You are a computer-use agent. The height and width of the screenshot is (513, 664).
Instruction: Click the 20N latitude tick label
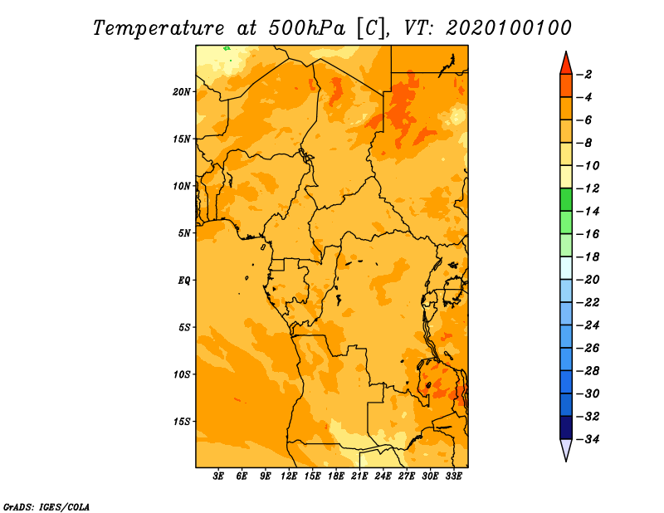[182, 91]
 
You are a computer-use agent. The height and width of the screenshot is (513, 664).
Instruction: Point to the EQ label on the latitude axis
[184, 281]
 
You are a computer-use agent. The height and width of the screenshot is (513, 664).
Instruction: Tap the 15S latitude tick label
[182, 422]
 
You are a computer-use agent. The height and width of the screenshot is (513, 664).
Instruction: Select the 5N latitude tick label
[184, 233]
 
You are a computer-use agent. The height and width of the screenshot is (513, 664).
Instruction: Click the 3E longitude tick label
[218, 476]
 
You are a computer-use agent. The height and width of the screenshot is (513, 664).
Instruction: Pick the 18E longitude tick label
[336, 476]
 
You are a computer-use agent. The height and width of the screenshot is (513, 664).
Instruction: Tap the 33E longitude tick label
[453, 476]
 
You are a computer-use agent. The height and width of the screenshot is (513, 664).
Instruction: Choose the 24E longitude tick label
[383, 476]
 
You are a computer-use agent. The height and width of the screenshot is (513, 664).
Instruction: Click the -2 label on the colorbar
[584, 75]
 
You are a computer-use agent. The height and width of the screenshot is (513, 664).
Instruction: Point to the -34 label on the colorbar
[588, 439]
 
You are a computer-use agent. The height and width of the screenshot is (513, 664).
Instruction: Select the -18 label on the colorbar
[588, 256]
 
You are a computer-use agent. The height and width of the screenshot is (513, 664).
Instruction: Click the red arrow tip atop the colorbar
[566, 51]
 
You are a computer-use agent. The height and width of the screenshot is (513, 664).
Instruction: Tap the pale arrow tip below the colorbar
[566, 461]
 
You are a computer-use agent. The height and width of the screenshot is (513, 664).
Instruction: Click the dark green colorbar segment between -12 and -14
[566, 200]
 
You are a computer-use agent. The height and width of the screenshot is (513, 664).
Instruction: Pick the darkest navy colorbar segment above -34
[566, 427]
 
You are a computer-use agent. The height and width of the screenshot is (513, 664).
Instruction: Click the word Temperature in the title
[159, 28]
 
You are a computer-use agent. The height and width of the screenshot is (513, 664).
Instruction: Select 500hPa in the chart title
[306, 28]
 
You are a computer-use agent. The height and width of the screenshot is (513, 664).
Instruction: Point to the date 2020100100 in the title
[509, 28]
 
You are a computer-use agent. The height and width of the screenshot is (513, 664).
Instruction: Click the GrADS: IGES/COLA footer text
[46, 507]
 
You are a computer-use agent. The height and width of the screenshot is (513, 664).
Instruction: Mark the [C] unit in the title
[371, 28]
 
